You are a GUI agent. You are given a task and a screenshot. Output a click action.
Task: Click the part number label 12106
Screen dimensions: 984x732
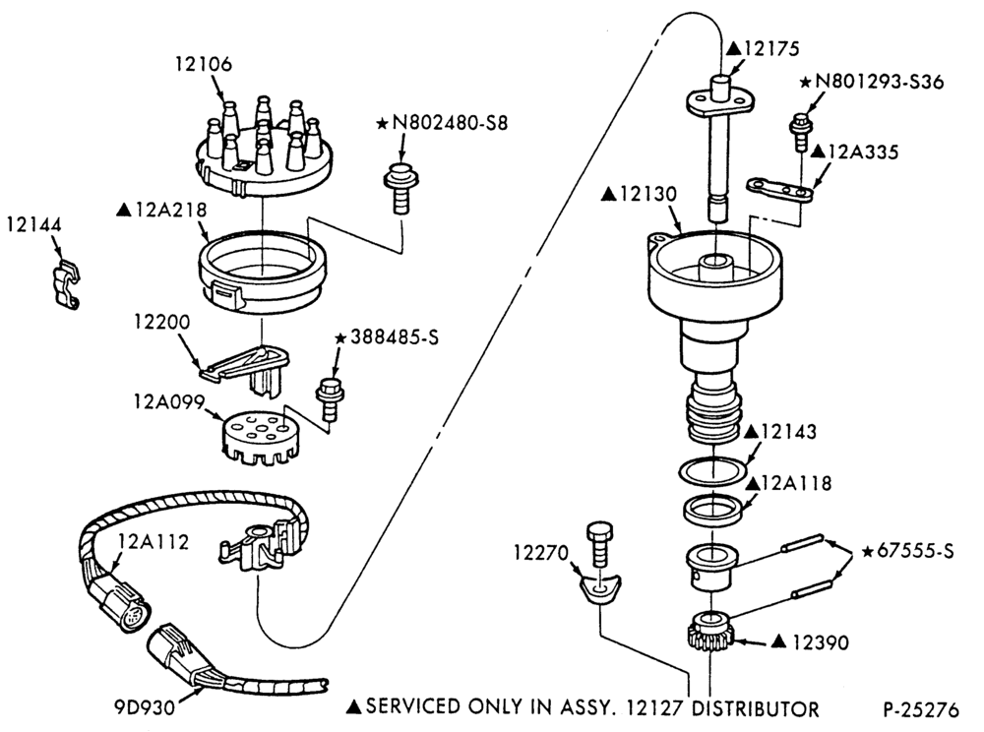pos(204,64)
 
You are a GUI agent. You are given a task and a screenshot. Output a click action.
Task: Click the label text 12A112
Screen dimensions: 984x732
pos(154,541)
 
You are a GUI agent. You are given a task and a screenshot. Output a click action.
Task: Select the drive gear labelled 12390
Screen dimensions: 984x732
pos(712,635)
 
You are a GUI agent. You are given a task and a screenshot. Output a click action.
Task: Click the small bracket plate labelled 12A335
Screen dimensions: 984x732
pos(779,190)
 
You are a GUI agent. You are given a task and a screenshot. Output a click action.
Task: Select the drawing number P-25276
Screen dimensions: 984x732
pos(921,710)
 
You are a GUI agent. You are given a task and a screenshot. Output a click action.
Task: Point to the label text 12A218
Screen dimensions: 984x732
pos(170,210)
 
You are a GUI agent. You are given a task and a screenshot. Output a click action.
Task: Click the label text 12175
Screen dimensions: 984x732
pos(770,48)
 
